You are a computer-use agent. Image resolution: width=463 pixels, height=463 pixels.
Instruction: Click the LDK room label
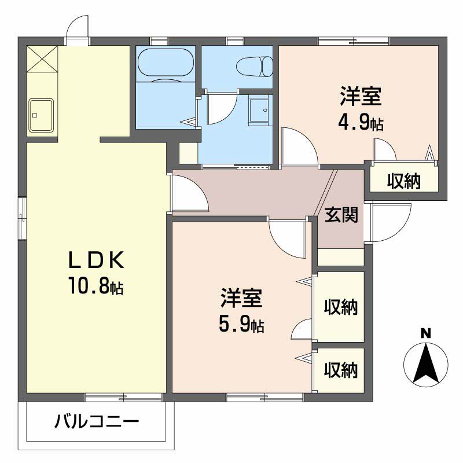coord(97,261)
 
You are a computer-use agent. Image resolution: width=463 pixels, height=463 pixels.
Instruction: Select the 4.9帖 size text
coord(360,123)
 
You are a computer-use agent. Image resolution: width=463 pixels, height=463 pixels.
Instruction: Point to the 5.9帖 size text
coord(241,325)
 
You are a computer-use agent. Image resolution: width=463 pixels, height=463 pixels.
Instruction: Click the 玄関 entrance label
coord(340,214)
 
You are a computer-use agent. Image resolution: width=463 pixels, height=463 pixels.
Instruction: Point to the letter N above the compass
coord(425,333)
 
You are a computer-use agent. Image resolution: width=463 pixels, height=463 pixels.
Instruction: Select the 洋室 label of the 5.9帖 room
coord(241,299)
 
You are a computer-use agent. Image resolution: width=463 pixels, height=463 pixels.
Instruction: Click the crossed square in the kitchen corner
coord(42,59)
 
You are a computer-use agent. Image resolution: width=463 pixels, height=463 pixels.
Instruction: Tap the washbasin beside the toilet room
coord(259,109)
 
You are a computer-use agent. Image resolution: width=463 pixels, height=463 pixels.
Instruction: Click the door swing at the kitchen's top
coord(78,26)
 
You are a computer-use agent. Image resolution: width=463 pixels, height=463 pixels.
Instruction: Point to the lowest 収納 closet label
coord(340,369)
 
